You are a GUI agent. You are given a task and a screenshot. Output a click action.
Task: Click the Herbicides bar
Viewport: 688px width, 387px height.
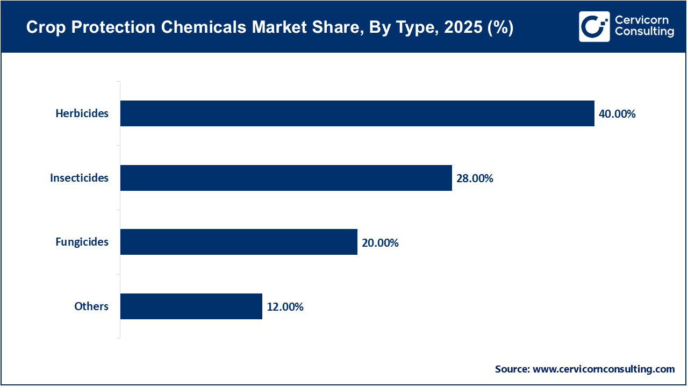(357, 113)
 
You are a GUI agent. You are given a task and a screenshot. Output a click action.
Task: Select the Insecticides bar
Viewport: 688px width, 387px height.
(286, 178)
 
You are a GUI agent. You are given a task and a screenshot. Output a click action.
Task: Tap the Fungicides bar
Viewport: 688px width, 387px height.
(239, 242)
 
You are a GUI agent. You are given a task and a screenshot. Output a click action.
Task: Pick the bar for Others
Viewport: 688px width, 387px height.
(191, 306)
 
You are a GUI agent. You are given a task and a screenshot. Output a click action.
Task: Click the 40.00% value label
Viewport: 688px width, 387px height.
(617, 114)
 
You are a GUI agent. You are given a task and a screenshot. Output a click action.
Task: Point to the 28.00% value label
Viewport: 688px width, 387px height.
(475, 178)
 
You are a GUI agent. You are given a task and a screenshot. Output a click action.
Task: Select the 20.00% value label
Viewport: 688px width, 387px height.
(380, 243)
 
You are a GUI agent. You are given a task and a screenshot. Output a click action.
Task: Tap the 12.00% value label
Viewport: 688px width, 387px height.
(285, 307)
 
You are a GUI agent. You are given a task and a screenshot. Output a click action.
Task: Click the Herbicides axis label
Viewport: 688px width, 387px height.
(82, 113)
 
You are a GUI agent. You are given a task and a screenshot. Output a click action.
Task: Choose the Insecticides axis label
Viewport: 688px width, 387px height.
(79, 178)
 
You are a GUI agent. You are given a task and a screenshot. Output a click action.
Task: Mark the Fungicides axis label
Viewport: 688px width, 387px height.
(82, 242)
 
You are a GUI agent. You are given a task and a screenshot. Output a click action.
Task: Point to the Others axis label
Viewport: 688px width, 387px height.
(91, 306)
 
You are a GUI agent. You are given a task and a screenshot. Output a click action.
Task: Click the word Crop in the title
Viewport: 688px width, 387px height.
(41, 28)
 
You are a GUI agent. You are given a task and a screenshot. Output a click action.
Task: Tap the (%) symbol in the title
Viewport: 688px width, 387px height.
(498, 28)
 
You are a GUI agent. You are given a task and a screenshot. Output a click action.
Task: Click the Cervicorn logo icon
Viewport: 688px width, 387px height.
(594, 26)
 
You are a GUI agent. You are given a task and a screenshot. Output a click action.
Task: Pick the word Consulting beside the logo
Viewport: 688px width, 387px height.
(644, 32)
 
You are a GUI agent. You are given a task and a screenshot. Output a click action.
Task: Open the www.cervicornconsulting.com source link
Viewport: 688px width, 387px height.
(604, 369)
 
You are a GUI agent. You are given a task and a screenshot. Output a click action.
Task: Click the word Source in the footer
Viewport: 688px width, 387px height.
(512, 369)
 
